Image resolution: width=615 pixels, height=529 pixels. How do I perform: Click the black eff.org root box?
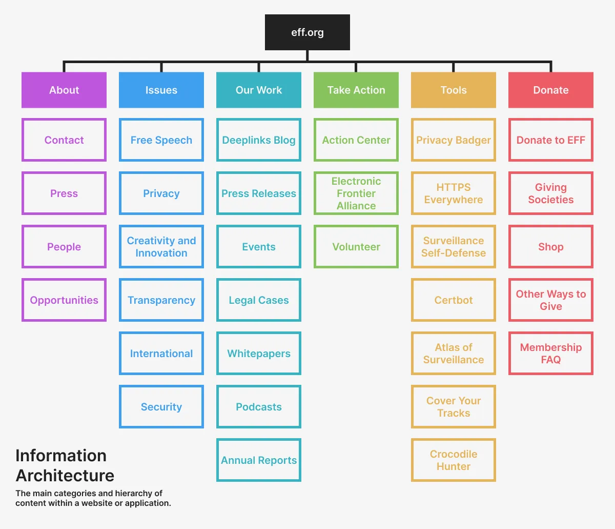coord(307,32)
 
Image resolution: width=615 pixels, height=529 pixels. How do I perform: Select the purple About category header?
coord(64,90)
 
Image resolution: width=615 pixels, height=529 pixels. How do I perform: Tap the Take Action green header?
coord(356,90)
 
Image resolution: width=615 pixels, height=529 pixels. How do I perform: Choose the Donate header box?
coord(551,90)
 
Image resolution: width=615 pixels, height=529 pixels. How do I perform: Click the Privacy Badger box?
coord(454,140)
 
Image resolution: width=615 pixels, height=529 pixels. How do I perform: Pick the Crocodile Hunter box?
coord(454,460)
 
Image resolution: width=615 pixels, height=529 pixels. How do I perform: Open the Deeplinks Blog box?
coord(259,140)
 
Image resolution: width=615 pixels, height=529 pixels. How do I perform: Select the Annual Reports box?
coord(259,460)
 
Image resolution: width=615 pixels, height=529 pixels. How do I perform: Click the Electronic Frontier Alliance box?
coord(356,193)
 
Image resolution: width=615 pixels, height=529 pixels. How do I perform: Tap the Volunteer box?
coord(356,247)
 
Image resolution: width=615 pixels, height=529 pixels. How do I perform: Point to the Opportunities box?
coord(64,300)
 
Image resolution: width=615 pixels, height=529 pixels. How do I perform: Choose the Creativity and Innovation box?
coord(161,247)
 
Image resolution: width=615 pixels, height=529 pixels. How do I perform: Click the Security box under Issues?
coord(161,407)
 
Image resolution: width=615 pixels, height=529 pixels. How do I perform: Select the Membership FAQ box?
coord(551,354)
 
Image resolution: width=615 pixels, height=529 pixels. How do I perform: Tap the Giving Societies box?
coord(551,193)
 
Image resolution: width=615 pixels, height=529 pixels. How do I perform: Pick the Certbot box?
coord(454,300)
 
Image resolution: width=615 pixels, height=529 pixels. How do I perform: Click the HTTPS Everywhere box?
coord(454,193)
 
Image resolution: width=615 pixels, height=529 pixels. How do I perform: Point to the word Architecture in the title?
coord(65,475)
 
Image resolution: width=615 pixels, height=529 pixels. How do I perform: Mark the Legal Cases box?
coord(259,300)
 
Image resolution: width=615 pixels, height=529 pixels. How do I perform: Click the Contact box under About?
coord(64,140)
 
